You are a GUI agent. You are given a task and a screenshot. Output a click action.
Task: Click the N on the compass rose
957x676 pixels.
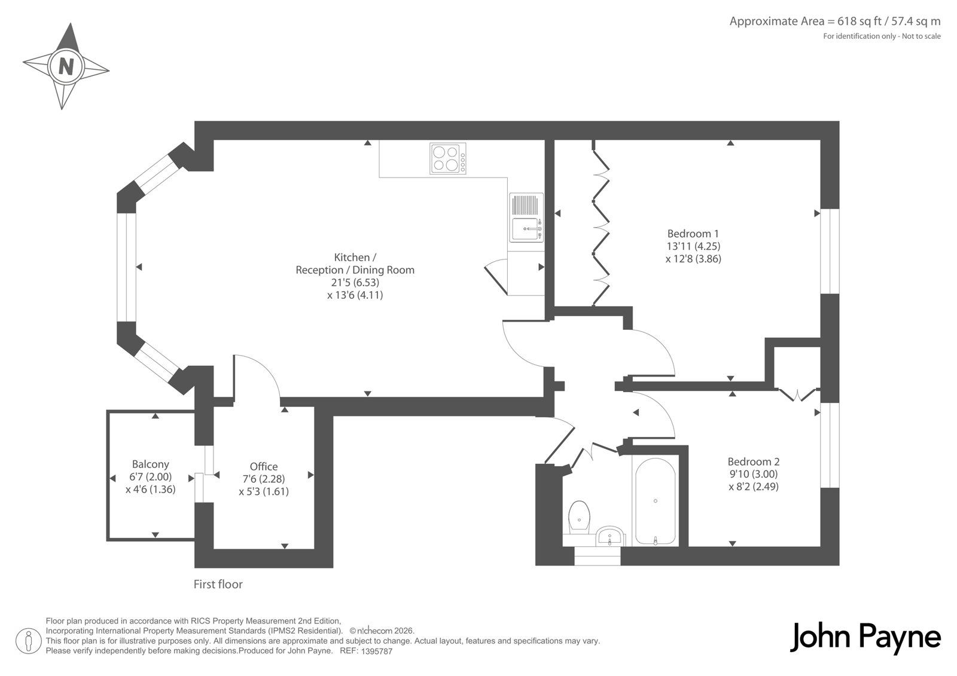[x=66, y=66]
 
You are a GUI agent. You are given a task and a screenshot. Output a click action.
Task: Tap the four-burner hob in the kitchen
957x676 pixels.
[x=448, y=159]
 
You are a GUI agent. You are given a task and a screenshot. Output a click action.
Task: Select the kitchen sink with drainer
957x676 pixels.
[x=526, y=218]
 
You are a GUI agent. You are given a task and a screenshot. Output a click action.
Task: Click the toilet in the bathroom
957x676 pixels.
[x=580, y=517]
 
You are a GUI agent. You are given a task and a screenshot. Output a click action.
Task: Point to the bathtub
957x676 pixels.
[x=656, y=501]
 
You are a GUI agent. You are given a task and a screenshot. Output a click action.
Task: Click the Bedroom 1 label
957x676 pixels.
[x=693, y=234]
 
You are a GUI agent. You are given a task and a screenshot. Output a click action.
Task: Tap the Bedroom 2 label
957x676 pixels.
[x=754, y=461]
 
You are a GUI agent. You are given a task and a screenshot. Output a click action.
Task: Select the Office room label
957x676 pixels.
[x=264, y=466]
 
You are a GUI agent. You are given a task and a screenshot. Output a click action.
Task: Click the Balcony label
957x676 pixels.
[x=150, y=464]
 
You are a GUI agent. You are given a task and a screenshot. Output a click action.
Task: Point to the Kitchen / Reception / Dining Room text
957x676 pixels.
[x=355, y=264]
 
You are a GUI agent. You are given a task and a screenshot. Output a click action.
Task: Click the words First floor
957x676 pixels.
[x=218, y=584]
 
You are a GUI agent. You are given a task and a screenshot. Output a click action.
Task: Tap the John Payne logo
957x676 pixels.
[x=865, y=638]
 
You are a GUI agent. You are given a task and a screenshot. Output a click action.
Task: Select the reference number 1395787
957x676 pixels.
[x=376, y=651]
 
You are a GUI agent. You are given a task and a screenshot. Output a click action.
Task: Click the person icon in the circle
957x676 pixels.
[x=28, y=641]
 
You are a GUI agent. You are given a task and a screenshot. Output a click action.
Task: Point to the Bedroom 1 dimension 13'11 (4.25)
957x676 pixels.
[x=693, y=246]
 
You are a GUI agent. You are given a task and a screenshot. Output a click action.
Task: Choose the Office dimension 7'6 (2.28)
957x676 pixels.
[x=264, y=479]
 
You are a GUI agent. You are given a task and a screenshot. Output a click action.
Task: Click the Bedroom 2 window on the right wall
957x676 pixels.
[x=830, y=445]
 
